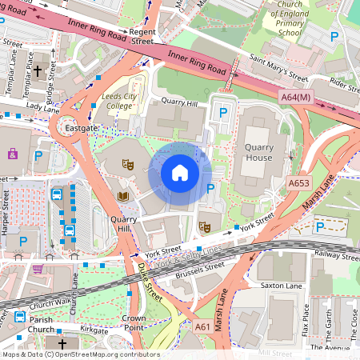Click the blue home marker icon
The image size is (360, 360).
click(x=180, y=172)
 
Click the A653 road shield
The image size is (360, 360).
click(x=299, y=183)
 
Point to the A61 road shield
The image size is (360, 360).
click(x=204, y=326)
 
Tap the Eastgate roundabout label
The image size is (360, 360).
click(x=82, y=127)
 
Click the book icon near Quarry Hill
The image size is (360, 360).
click(x=123, y=195)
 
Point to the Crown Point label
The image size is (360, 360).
click(x=134, y=322)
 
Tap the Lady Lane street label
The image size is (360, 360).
click(x=42, y=106)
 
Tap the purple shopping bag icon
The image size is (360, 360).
click(x=13, y=153)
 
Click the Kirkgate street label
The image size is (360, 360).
click(x=94, y=329)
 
